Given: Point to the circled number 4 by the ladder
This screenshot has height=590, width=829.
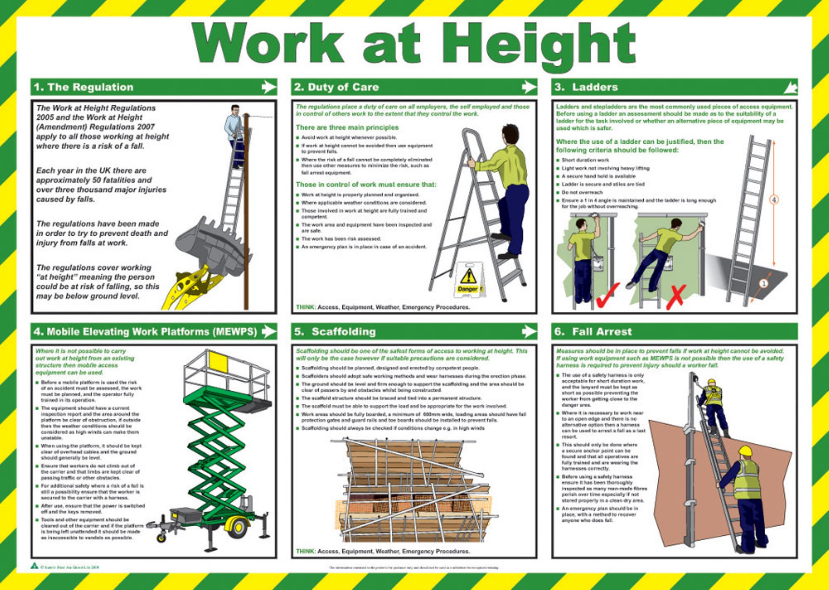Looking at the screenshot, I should pyautogui.click(x=774, y=200).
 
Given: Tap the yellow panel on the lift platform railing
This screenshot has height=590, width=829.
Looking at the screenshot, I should pyautogui.click(x=218, y=362).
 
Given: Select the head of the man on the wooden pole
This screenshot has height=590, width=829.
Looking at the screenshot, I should pyautogui.click(x=235, y=110).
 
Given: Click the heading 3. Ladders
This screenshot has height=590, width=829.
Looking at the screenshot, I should pyautogui.click(x=587, y=87).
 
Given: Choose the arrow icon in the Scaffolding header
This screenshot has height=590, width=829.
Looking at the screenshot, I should pyautogui.click(x=528, y=331).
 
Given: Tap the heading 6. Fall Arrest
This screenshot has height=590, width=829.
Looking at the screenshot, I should pyautogui.click(x=593, y=331).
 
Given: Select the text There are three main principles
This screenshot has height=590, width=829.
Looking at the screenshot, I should pyautogui.click(x=347, y=128).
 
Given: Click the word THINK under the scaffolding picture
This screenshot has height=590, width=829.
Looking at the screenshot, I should pyautogui.click(x=305, y=551).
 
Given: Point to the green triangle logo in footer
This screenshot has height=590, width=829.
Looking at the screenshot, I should pyautogui.click(x=35, y=566).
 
